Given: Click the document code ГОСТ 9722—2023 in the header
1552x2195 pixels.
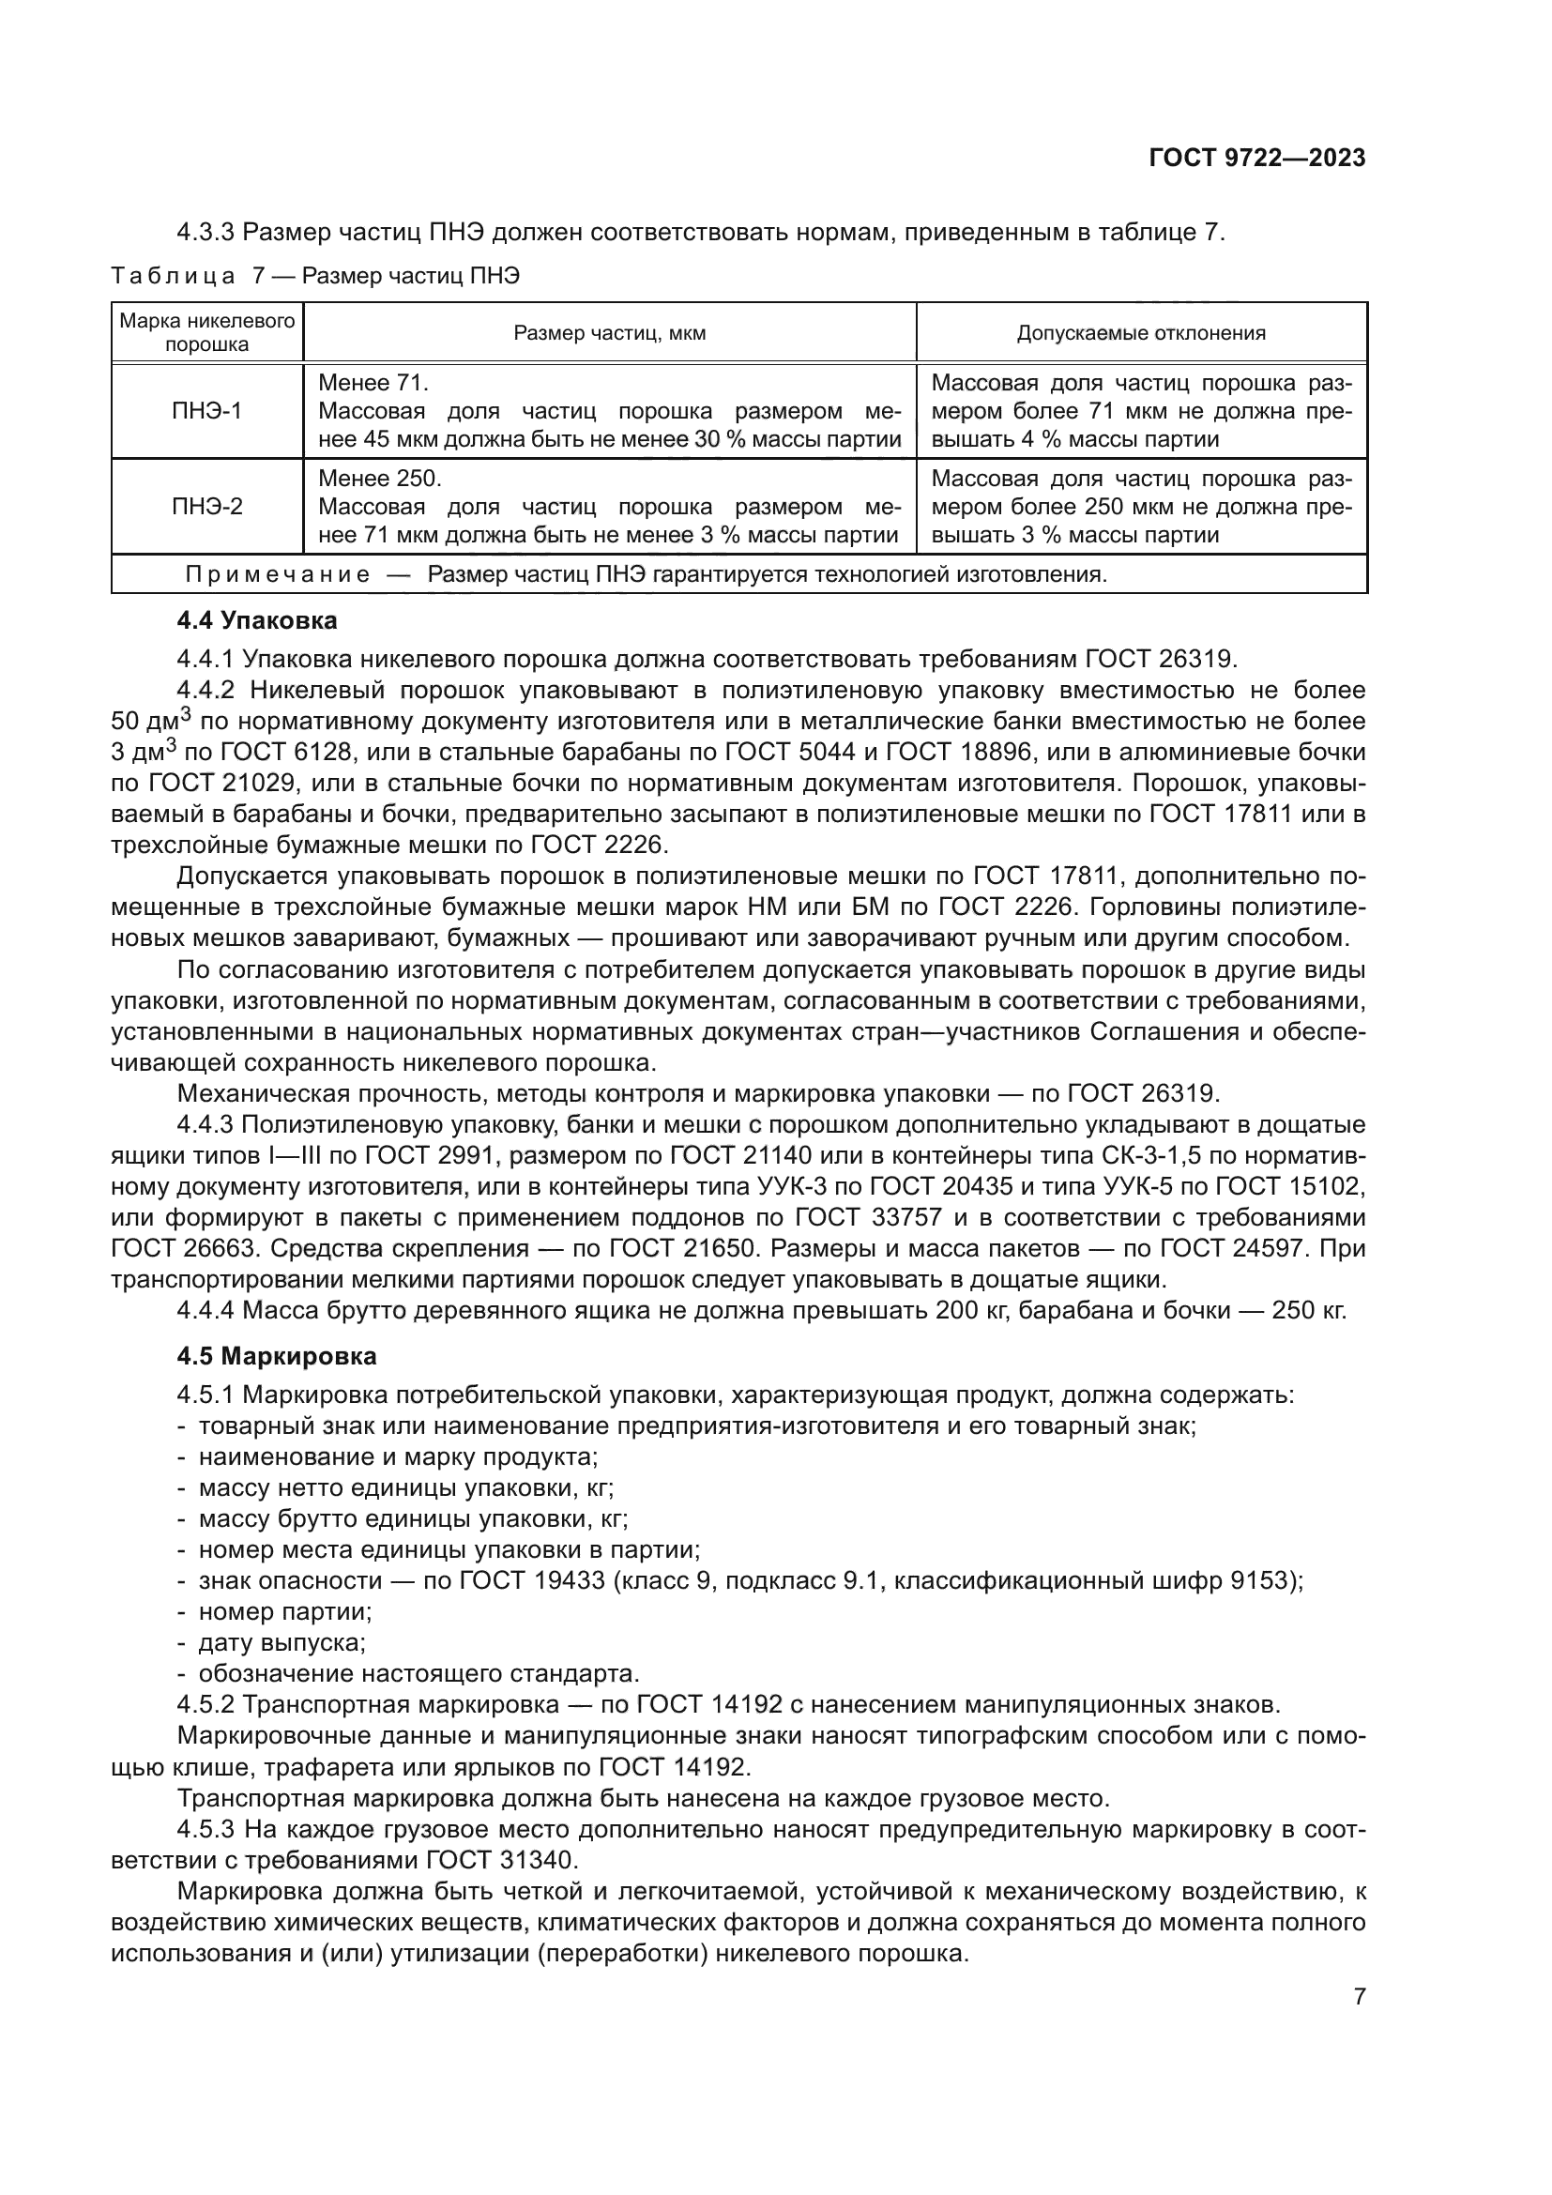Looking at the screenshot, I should pos(1256,159).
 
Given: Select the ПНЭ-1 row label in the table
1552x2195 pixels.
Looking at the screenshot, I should pos(206,411).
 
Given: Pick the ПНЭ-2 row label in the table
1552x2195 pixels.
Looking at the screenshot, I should pos(206,507).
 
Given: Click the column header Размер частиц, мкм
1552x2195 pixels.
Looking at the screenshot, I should pos(610,333).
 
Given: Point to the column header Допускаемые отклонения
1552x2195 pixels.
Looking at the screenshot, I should pos(1141,333).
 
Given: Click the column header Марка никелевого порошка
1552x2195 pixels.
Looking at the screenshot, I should pos(206,331).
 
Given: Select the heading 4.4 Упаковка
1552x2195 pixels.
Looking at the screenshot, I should pos(256,620).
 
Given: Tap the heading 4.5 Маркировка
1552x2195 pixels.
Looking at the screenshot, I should pos(276,1356).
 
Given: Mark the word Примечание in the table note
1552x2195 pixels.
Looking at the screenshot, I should pos(277,574).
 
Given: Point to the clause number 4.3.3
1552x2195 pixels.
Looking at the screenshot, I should pos(205,233).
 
